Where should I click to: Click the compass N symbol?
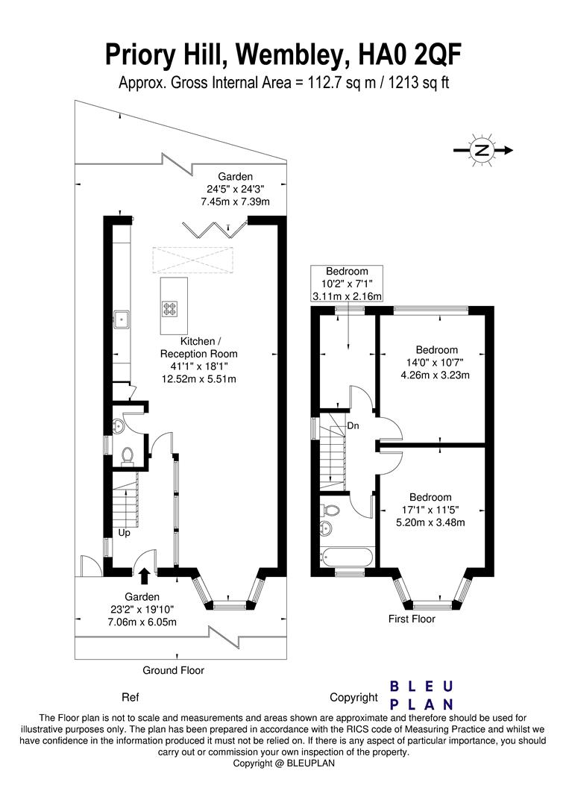click(x=482, y=150)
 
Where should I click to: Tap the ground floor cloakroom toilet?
click(x=126, y=454)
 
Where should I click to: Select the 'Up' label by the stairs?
click(x=125, y=534)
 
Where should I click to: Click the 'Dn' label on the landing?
click(x=353, y=425)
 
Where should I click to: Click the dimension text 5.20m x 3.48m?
click(x=430, y=522)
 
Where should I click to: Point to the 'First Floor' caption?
click(x=412, y=619)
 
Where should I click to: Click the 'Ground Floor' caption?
click(x=173, y=670)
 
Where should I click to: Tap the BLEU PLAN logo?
click(x=422, y=695)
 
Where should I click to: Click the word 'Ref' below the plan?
click(x=130, y=698)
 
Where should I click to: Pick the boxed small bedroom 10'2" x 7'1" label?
click(x=347, y=284)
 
